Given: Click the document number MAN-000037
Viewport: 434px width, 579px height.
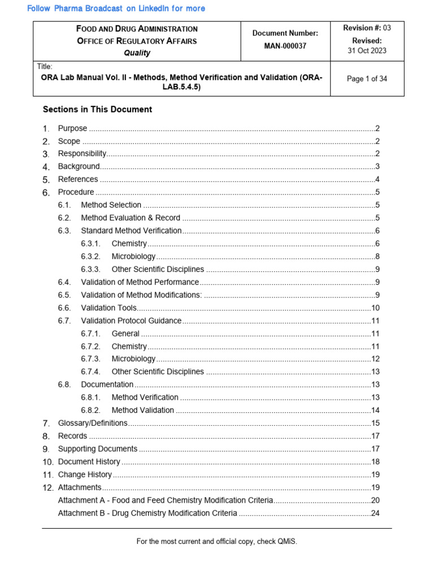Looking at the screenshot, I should click(x=285, y=46).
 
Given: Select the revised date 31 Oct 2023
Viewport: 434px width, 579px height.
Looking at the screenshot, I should click(x=367, y=51).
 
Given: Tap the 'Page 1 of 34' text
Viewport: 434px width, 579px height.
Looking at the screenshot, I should click(x=367, y=79).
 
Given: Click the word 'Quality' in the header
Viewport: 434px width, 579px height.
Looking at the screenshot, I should click(x=137, y=53).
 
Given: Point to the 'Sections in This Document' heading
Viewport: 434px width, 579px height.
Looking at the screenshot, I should click(x=97, y=109).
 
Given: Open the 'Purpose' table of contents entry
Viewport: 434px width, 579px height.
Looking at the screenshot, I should click(x=73, y=128).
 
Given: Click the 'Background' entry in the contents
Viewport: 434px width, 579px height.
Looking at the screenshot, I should click(x=79, y=166).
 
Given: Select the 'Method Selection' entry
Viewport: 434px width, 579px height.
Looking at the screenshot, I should click(x=111, y=205).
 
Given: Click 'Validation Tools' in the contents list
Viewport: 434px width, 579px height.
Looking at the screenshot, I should click(x=109, y=308).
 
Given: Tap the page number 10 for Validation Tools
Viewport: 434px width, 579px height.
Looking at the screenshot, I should click(x=375, y=308).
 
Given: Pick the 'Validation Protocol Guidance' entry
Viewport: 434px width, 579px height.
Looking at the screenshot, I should click(x=131, y=321).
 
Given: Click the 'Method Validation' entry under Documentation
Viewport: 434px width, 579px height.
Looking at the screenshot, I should click(x=143, y=410).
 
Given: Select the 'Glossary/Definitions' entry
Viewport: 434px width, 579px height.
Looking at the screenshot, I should click(x=93, y=423).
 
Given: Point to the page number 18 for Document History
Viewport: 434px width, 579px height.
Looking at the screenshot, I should click(x=375, y=461).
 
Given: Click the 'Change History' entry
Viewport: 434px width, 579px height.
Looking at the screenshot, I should click(x=85, y=474).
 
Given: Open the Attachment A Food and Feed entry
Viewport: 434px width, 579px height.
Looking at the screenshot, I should click(x=166, y=500).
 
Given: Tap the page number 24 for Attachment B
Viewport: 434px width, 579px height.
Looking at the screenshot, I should click(x=375, y=513).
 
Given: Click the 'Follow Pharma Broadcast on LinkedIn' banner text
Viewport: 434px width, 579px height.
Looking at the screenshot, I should click(x=116, y=8).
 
